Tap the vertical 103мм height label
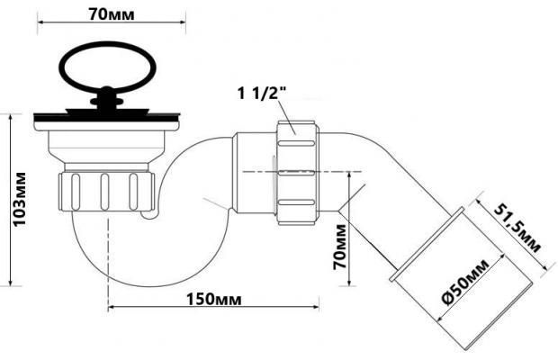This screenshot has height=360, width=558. pos(20,200)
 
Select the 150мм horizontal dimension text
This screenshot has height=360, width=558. pos(214,300)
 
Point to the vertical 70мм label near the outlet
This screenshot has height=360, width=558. pos(339,247)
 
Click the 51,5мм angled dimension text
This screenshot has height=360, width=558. pos(517,229)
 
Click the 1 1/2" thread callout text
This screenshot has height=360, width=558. pos(262,94)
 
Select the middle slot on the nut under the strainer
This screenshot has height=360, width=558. pos(104,192)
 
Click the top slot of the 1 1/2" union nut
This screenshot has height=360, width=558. pos(296,143)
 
